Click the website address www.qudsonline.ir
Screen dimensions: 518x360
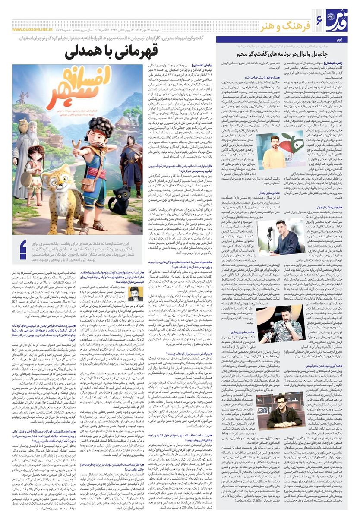point(32,30)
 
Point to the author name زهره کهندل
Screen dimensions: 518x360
point(341,63)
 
